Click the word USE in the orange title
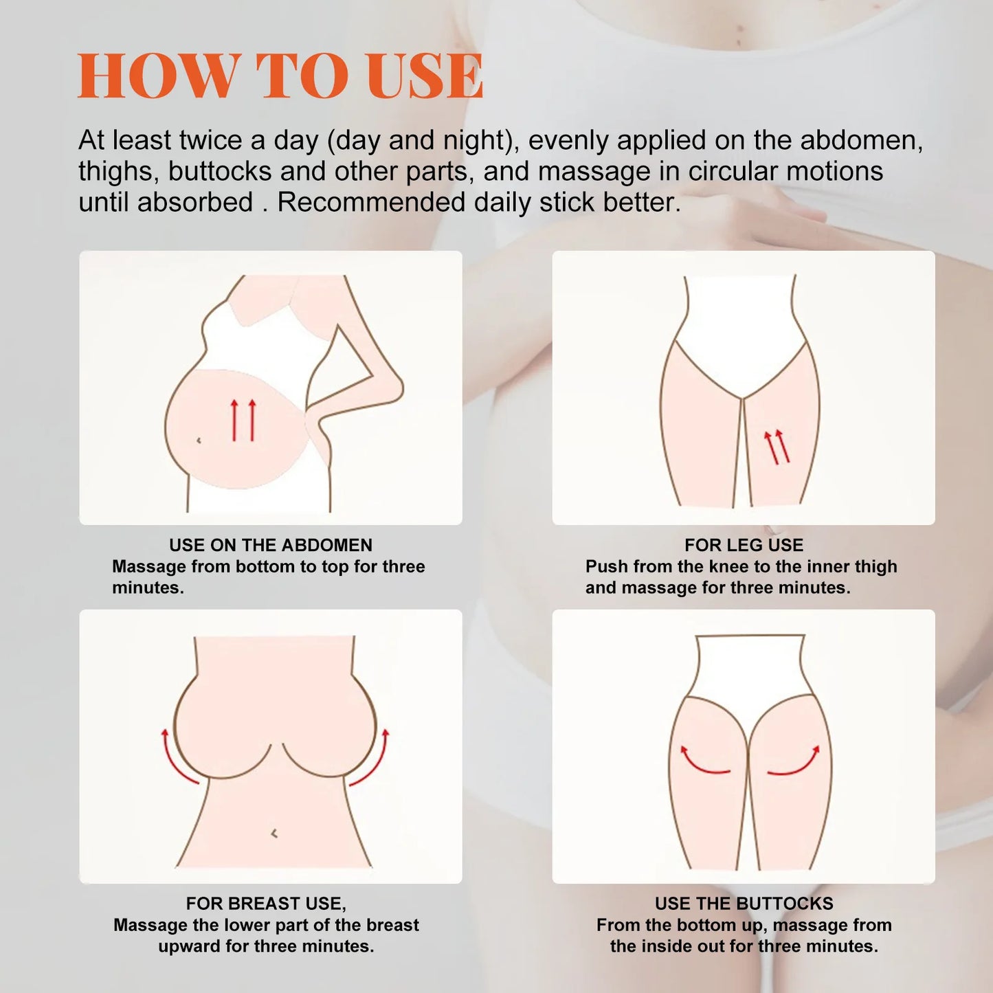coord(424,76)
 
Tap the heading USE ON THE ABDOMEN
coord(270,545)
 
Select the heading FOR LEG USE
coord(744,545)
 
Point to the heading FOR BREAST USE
coord(265,903)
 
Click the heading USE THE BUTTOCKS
coord(744,903)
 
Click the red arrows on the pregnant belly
coord(243,420)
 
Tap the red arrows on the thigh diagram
coord(777,447)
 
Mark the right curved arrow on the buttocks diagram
coord(795,761)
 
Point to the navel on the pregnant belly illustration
coord(199,440)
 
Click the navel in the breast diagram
coord(274,834)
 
